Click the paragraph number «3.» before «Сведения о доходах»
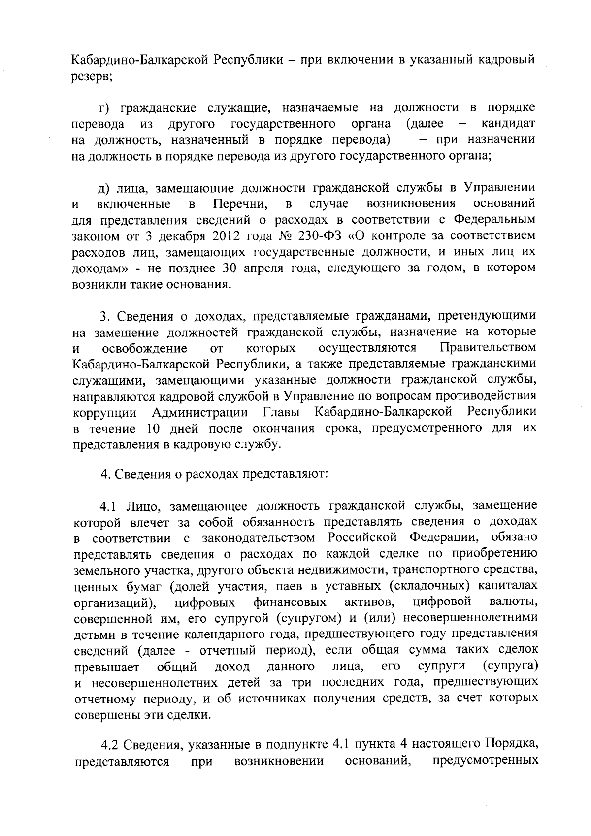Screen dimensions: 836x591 (x=104, y=316)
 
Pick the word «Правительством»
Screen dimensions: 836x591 (x=488, y=348)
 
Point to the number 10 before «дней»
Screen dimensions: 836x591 (x=152, y=428)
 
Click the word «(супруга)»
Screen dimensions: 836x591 (x=510, y=667)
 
